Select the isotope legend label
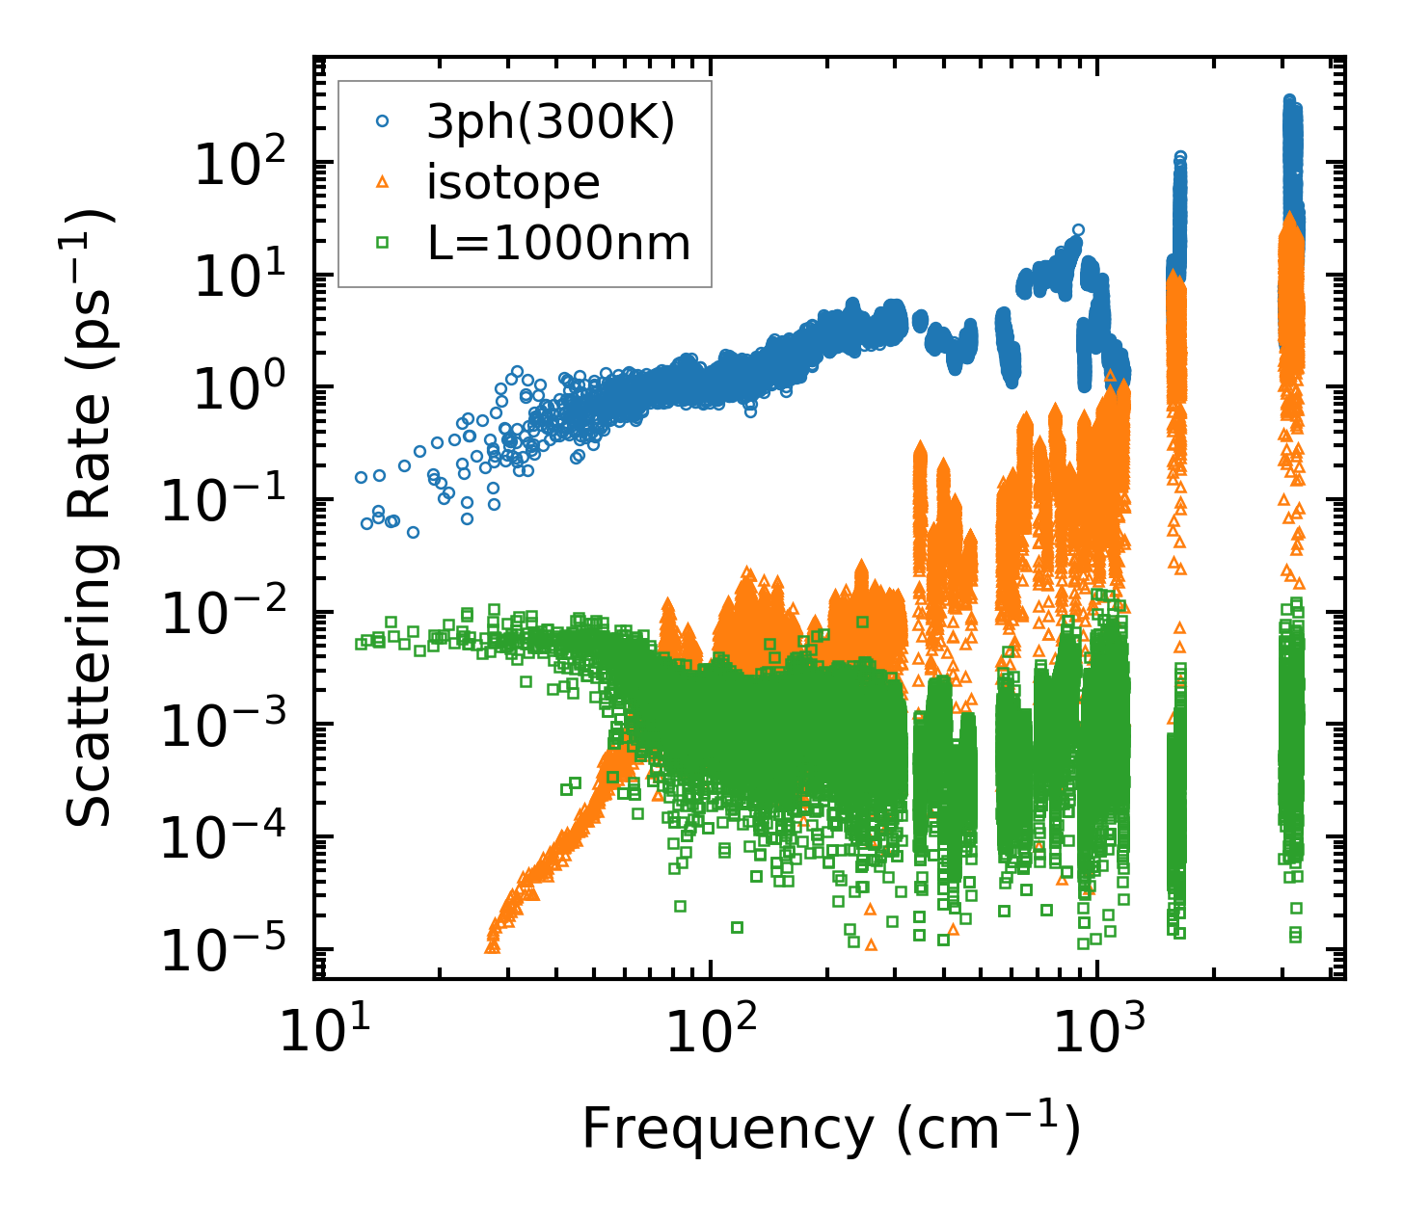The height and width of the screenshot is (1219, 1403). (x=513, y=182)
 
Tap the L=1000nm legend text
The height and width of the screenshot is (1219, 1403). (x=558, y=243)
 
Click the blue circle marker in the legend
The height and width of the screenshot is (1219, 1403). (x=383, y=121)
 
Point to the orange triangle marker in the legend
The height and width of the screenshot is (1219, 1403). (x=383, y=182)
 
